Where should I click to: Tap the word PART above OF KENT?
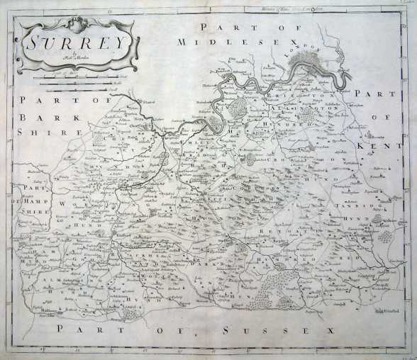[x=371, y=94]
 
